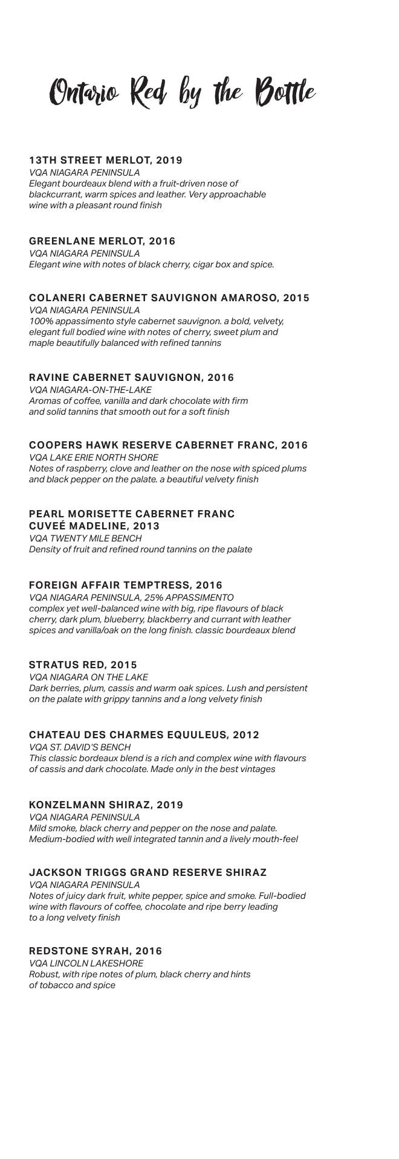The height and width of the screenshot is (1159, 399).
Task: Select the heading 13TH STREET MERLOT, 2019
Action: [106, 160]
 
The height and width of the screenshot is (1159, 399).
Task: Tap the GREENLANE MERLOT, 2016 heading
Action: [102, 241]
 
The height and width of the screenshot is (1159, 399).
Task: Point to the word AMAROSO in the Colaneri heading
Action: [250, 298]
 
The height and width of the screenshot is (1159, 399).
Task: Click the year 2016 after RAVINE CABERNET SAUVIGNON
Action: [221, 377]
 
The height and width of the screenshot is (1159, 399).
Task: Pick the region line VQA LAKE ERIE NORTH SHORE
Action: [94, 458]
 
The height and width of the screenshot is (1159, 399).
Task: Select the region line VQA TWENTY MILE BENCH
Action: [85, 538]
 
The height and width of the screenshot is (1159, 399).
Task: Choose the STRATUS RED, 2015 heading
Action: [83, 665]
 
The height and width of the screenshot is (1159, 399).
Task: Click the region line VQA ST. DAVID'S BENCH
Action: [80, 747]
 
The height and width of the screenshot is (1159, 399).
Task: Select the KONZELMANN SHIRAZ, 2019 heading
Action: [106, 805]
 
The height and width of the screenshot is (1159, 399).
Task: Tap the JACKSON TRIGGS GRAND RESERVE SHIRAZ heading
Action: [148, 872]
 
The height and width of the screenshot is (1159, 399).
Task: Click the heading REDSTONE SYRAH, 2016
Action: [96, 951]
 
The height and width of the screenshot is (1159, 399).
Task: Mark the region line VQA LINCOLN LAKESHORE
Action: [86, 963]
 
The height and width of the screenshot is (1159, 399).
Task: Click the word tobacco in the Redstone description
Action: [56, 985]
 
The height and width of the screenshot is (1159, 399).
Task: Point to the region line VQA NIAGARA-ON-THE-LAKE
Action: [90, 389]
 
